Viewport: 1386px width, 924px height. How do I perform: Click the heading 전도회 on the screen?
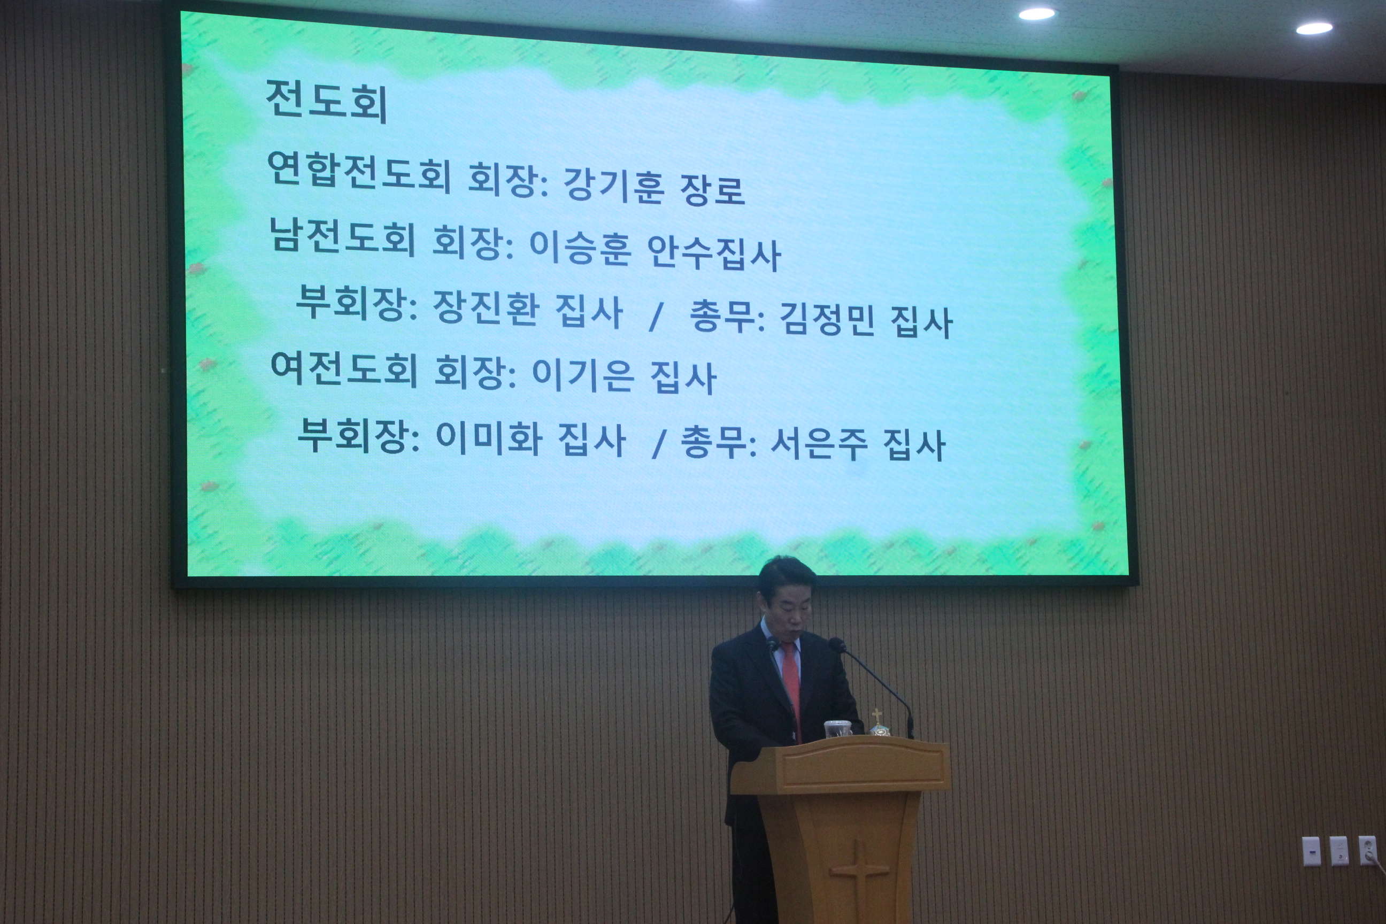click(x=327, y=103)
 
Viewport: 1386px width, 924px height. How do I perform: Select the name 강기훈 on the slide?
click(x=614, y=185)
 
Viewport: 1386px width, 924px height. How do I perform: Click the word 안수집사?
click(x=714, y=254)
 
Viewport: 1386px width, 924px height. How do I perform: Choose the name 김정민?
click(x=827, y=320)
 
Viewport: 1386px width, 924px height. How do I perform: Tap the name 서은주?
click(x=819, y=443)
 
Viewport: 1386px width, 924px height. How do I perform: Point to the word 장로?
click(x=712, y=189)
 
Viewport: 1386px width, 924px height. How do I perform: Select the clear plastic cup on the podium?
click(x=837, y=729)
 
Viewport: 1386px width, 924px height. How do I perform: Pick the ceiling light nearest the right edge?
click(x=1314, y=28)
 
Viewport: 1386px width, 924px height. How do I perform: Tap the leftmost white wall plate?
click(x=1311, y=851)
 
